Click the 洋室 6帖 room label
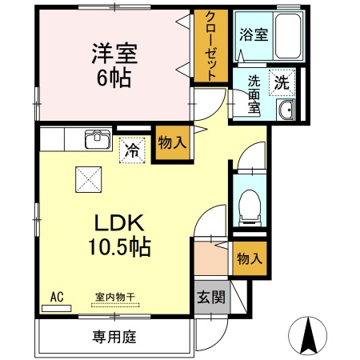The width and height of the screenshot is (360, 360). pyautogui.click(x=114, y=66)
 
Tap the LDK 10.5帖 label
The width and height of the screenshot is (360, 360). pyautogui.click(x=119, y=235)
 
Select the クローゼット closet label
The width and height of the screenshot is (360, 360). pyautogui.click(x=210, y=46)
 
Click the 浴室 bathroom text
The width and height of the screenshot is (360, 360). pyautogui.click(x=254, y=34)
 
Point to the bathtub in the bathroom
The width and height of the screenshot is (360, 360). pyautogui.click(x=288, y=36)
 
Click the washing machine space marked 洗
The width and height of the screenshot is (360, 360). pyautogui.click(x=282, y=82)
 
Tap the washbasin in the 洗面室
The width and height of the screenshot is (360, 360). pyautogui.click(x=286, y=110)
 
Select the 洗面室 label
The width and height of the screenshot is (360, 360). pyautogui.click(x=254, y=94)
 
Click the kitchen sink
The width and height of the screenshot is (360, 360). pyautogui.click(x=98, y=139)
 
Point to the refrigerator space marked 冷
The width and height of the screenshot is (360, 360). pyautogui.click(x=132, y=150)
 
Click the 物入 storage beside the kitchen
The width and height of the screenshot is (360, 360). pyautogui.click(x=172, y=142)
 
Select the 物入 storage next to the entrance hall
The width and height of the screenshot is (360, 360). pyautogui.click(x=250, y=258)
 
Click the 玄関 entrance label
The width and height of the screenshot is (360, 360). pyautogui.click(x=211, y=297)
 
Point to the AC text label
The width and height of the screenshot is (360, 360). pyautogui.click(x=57, y=297)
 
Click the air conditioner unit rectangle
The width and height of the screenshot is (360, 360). pyautogui.click(x=57, y=309)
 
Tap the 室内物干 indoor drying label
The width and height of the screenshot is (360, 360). pyautogui.click(x=115, y=297)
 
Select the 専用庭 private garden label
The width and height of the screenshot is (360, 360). pyautogui.click(x=114, y=337)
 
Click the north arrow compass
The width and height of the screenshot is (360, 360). pyautogui.click(x=308, y=335)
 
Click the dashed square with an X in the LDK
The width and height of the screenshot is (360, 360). pyautogui.click(x=89, y=179)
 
